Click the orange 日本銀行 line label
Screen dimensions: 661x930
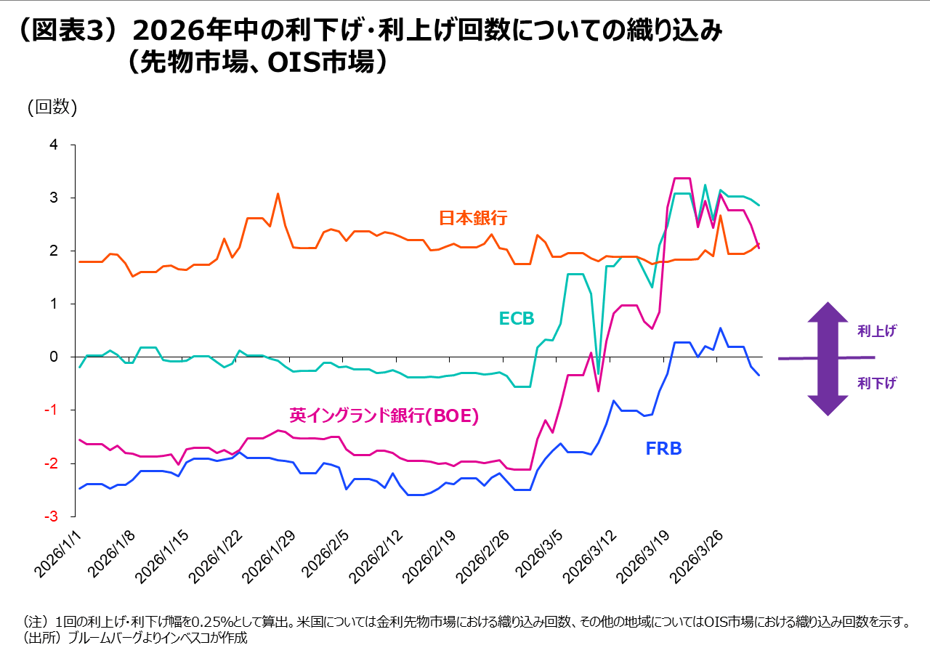point(472,218)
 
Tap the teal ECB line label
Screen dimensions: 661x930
point(516,319)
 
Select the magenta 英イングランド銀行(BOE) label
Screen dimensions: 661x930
point(384,415)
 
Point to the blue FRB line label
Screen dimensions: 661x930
point(663,448)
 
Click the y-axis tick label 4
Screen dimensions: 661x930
point(52,145)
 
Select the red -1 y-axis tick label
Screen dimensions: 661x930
point(50,410)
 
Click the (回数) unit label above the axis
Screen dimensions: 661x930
point(52,107)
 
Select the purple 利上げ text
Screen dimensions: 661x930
point(876,331)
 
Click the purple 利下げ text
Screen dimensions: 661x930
point(876,384)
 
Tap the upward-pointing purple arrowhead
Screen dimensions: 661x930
point(828,314)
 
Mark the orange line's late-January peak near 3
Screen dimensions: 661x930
point(278,194)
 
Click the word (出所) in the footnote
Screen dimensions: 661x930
point(45,638)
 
